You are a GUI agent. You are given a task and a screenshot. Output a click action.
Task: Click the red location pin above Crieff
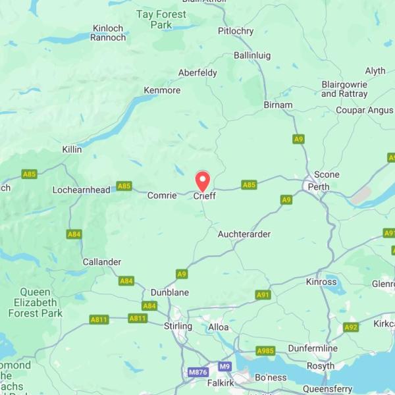pos(203,180)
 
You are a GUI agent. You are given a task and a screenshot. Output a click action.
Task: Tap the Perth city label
pos(319,187)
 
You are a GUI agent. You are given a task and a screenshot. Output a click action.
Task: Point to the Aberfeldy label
pos(197,73)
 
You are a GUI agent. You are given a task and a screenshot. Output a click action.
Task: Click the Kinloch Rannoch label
pos(109,33)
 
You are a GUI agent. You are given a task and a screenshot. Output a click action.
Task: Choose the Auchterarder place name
pos(244,234)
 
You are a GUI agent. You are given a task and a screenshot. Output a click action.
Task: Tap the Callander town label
pos(102,262)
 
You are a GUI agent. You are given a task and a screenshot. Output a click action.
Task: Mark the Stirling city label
pos(178,326)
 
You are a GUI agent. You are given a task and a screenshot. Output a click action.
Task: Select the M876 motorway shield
pos(198,373)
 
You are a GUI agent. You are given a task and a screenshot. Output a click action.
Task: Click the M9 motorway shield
pos(226,366)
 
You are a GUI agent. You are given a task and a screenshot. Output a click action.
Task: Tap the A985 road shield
pos(265,351)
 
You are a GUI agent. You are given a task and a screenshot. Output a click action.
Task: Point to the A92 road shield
pos(351,327)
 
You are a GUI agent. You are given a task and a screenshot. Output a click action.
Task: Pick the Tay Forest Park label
pos(162,19)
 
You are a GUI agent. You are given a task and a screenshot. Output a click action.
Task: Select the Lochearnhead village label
pos(82,190)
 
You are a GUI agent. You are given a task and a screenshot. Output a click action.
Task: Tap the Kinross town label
pos(321,282)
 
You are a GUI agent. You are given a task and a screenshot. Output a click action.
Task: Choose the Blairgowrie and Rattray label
pos(344,89)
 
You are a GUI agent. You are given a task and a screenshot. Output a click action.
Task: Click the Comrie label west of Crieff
pos(162,196)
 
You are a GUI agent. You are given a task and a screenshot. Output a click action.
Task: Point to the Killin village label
pos(72,149)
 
